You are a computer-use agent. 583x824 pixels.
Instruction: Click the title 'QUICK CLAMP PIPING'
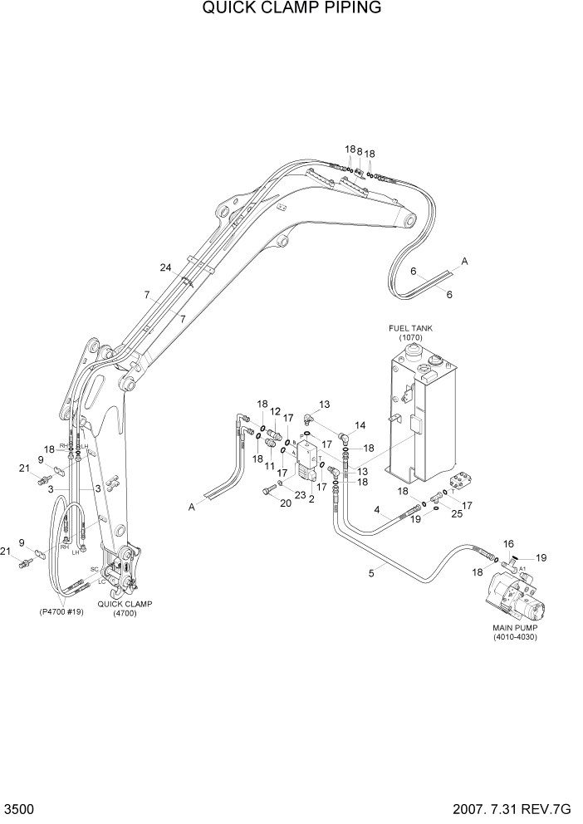click(x=291, y=10)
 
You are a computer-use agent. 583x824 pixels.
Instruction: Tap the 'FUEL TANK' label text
click(x=410, y=328)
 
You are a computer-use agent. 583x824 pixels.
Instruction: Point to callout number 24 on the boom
click(x=166, y=267)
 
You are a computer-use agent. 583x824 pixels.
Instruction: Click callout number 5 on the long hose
click(x=371, y=572)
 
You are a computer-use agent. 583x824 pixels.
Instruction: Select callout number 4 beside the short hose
click(x=377, y=509)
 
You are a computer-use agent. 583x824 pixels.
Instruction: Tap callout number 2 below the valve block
click(x=311, y=498)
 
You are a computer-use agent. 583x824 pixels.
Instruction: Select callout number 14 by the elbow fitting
click(x=360, y=425)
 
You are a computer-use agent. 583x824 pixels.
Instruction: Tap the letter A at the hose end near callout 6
click(x=464, y=262)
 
